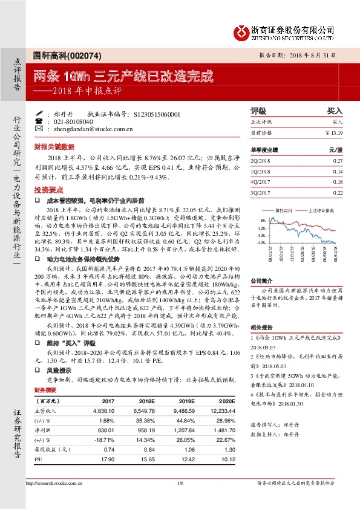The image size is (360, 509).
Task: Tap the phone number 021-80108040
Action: tap(73, 121)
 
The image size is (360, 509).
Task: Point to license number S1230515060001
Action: tap(155, 114)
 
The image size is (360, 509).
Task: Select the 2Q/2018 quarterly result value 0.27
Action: tap(338, 160)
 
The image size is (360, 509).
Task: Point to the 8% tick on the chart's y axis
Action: tap(263, 220)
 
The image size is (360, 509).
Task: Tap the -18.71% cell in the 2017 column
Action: tap(104, 440)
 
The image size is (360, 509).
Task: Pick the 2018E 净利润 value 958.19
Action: tap(144, 430)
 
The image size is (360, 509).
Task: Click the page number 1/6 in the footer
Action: tap(180, 482)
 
